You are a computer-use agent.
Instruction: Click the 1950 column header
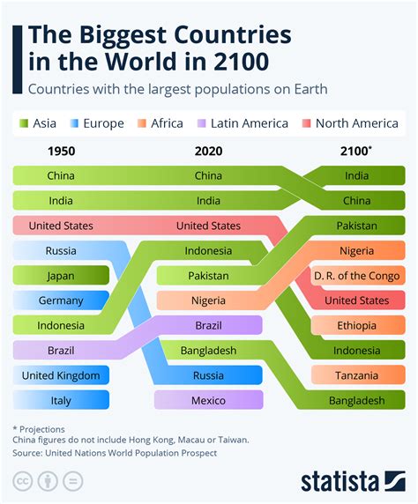[x=61, y=151]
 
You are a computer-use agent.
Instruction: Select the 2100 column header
[x=357, y=151]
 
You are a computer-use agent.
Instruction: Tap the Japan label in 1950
[x=61, y=276]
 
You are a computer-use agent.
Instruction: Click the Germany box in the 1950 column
[x=61, y=300]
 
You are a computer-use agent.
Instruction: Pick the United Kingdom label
[x=61, y=375]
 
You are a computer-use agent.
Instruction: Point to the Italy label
[x=61, y=400]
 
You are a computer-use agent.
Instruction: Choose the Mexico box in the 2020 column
[x=209, y=400]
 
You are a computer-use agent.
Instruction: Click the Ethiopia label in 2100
[x=357, y=326]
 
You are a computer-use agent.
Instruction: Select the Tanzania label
[x=357, y=375]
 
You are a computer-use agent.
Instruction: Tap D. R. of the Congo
[x=357, y=276]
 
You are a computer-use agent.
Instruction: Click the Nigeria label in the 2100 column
[x=357, y=251]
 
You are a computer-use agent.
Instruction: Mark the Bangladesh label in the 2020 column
[x=209, y=351]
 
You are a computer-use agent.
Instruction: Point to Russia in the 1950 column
[x=61, y=251]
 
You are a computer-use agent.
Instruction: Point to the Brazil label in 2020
[x=209, y=326]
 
